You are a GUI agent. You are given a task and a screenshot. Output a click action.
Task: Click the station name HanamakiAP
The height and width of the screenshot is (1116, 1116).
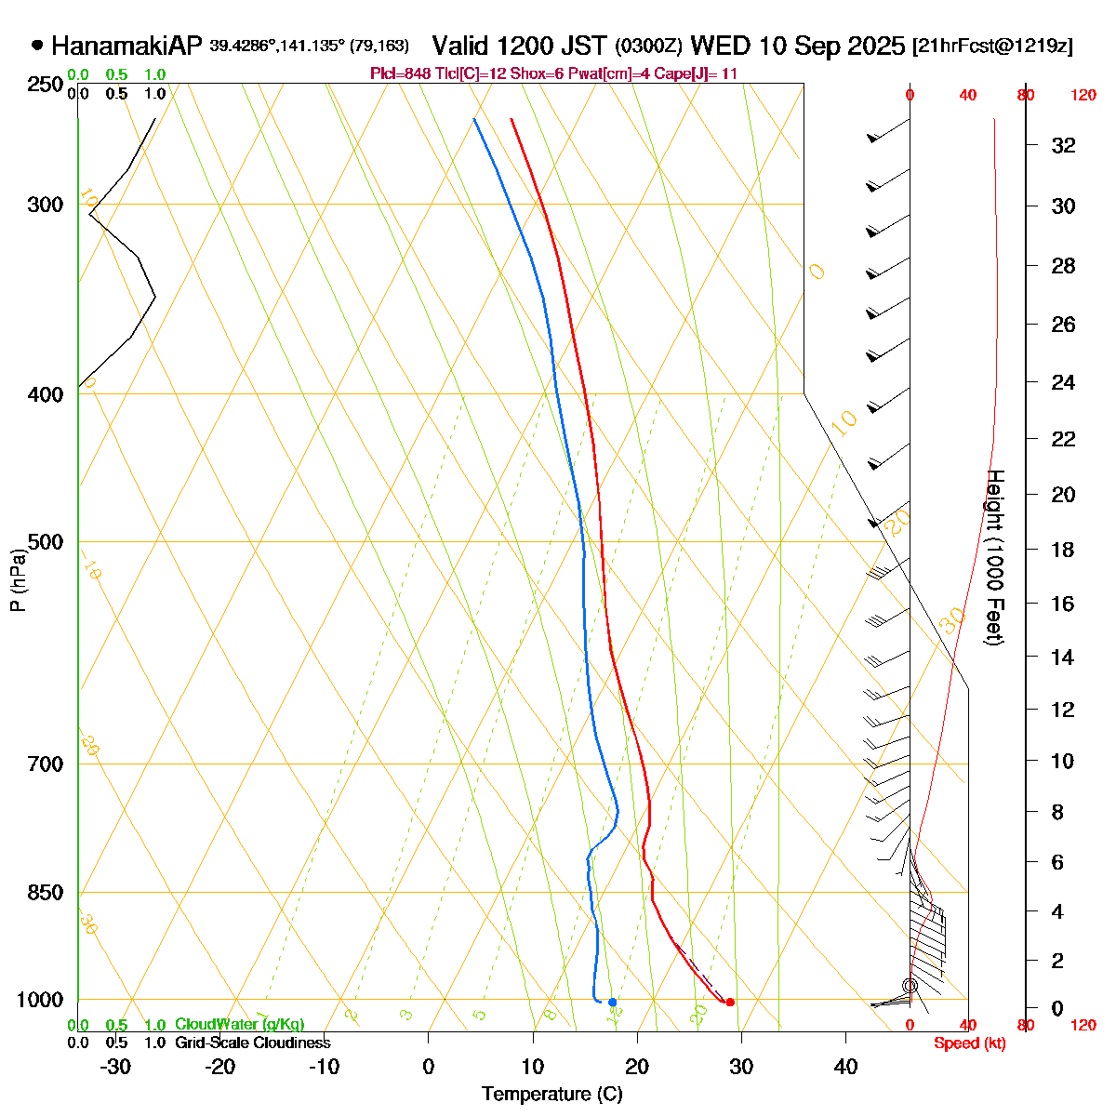click(x=126, y=46)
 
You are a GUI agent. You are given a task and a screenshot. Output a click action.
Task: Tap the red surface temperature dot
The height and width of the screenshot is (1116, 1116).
click(x=730, y=1002)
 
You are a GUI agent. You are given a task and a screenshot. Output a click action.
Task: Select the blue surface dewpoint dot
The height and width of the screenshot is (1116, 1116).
click(x=612, y=1002)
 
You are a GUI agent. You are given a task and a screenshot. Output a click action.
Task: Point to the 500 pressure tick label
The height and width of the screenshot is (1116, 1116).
click(x=46, y=542)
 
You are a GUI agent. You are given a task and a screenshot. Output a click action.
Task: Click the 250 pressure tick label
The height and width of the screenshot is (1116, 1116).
click(x=46, y=85)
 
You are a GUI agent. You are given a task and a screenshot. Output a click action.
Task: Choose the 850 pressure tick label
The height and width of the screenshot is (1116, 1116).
click(x=46, y=893)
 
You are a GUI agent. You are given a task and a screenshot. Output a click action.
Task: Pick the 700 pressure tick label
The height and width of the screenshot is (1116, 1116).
click(x=46, y=764)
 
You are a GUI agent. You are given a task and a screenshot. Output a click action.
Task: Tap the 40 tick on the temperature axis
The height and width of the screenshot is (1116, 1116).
click(x=844, y=1067)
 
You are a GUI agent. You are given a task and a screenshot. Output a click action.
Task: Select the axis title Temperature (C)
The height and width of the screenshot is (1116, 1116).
click(x=551, y=1095)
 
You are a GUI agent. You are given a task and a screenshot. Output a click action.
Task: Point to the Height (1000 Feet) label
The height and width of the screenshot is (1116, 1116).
click(x=994, y=558)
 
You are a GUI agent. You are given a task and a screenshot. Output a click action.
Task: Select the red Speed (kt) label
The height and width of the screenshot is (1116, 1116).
click(x=969, y=1043)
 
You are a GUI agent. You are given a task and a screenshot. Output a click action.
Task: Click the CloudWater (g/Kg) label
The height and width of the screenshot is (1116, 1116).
click(x=239, y=1025)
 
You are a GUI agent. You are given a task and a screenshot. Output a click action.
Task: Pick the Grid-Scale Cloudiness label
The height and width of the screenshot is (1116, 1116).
click(x=252, y=1043)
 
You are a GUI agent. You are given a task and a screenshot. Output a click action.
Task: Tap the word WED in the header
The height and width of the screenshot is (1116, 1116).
click(x=718, y=46)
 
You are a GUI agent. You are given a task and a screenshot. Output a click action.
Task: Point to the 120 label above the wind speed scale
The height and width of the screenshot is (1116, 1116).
click(x=1083, y=95)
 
